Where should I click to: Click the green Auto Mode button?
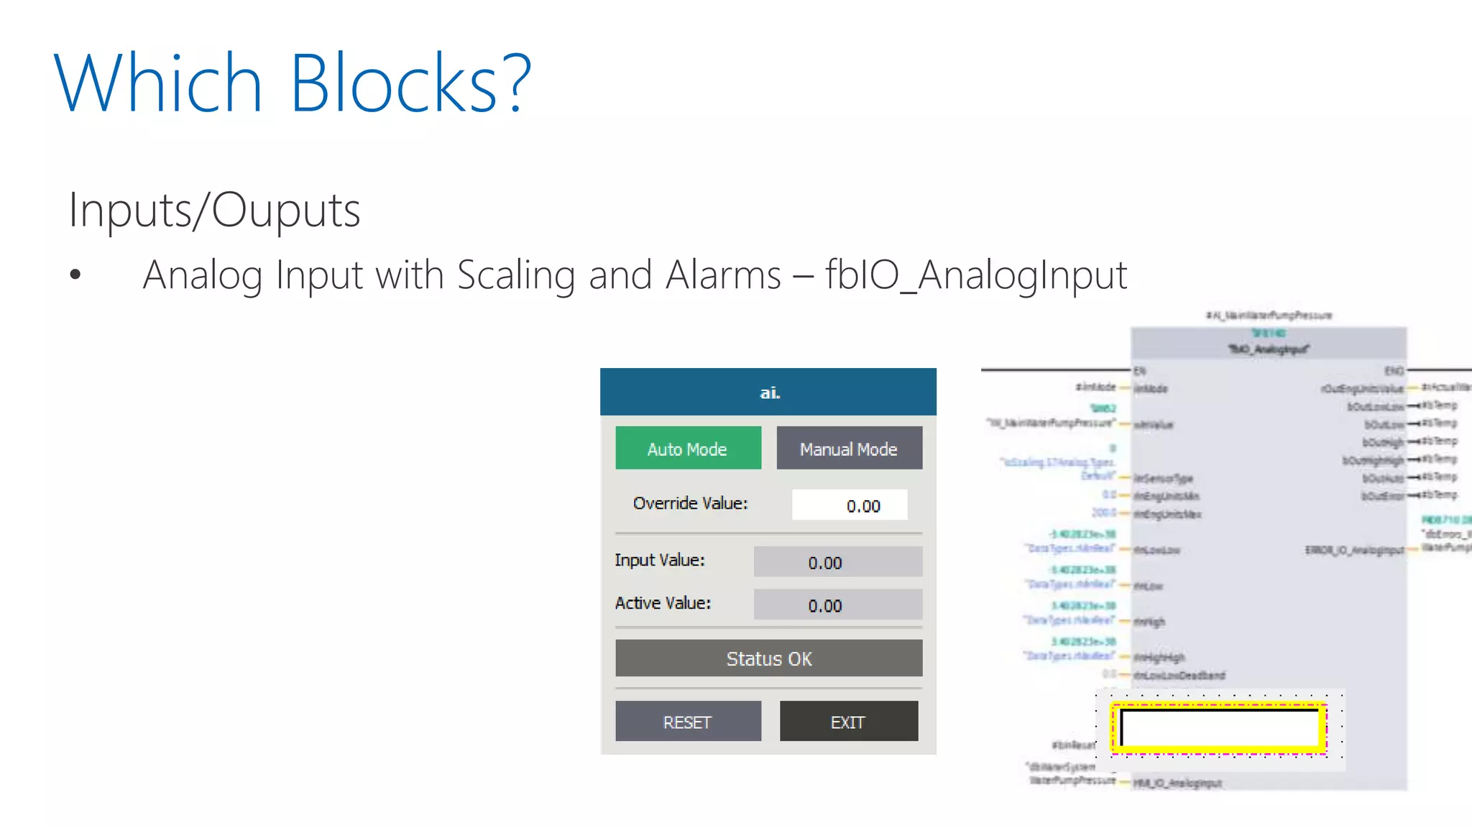click(x=688, y=448)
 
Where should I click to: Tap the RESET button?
click(x=688, y=722)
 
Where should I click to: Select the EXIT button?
click(x=848, y=722)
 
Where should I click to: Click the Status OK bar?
click(x=768, y=658)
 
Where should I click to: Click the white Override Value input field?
click(x=850, y=505)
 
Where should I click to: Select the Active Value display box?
click(x=837, y=605)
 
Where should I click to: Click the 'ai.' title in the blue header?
click(x=770, y=392)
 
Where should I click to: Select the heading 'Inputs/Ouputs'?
click(x=214, y=210)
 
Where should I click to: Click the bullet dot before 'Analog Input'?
click(x=75, y=275)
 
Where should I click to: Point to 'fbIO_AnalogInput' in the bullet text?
click(x=976, y=275)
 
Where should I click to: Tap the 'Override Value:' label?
click(x=690, y=503)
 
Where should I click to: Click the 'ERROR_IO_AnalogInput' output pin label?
click(x=1354, y=551)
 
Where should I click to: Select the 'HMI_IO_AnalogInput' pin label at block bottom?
click(x=1177, y=783)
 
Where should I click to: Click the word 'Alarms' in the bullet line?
click(x=723, y=275)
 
